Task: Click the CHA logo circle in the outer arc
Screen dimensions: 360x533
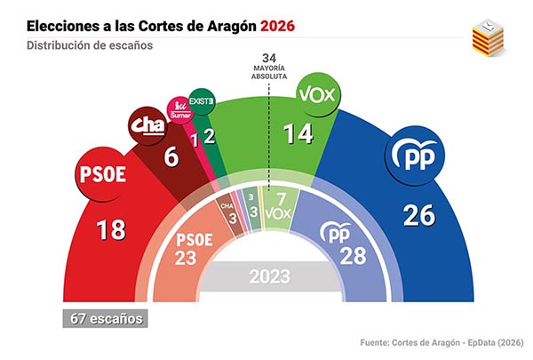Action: pos(146,124)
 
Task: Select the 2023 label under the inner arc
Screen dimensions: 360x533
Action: pos(266,276)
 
